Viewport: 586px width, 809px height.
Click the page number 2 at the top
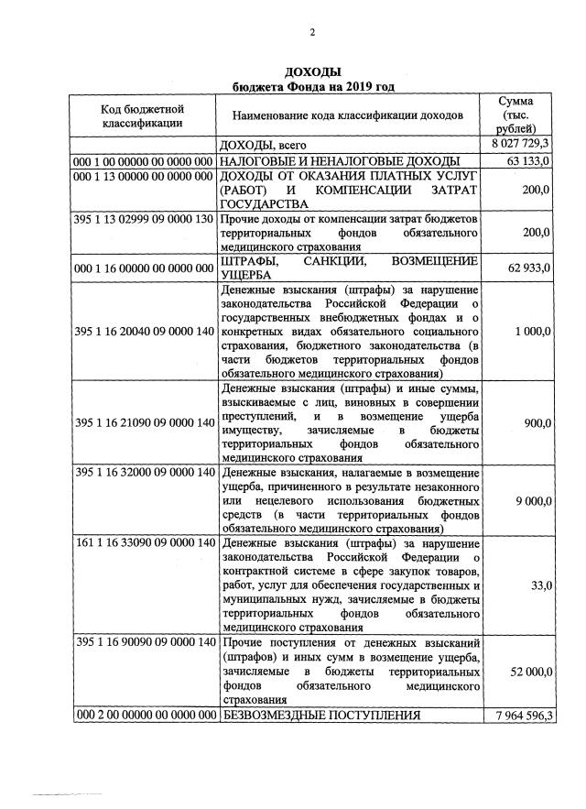click(x=311, y=33)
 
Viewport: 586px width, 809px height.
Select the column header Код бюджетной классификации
click(x=142, y=115)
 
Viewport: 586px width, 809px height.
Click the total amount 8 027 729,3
click(x=519, y=145)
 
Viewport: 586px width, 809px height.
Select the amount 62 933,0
click(x=527, y=270)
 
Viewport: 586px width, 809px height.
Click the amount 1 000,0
click(x=531, y=330)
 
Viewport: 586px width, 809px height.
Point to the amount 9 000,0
click(x=531, y=501)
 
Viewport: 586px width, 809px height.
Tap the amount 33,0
click(x=540, y=584)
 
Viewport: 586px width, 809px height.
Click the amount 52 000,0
click(x=527, y=672)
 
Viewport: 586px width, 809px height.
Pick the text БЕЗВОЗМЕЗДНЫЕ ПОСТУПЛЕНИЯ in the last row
click(x=320, y=715)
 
